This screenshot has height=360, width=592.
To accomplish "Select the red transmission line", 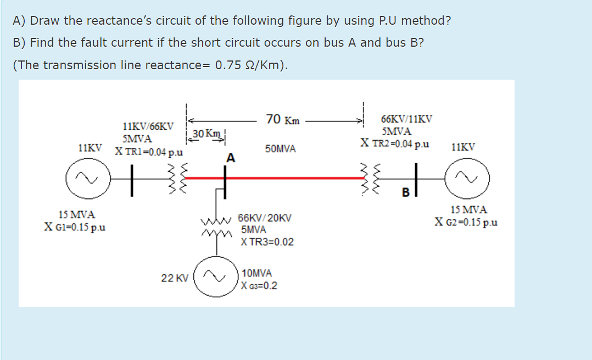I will point(291,178).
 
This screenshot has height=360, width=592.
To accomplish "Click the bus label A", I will point(231,158).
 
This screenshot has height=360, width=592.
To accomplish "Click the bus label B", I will point(405,193).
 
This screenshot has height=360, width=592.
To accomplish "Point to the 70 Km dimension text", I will point(282,119).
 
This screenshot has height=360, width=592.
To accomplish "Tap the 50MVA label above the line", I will point(280,149).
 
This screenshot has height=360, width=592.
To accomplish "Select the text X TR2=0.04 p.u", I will point(395,144).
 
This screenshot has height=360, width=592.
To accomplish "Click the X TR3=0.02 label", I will point(267,242).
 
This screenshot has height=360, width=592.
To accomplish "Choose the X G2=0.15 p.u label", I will point(466,222).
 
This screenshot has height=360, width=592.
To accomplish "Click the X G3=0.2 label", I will point(259,286).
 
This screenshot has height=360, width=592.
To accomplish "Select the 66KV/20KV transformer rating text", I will point(265,218).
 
